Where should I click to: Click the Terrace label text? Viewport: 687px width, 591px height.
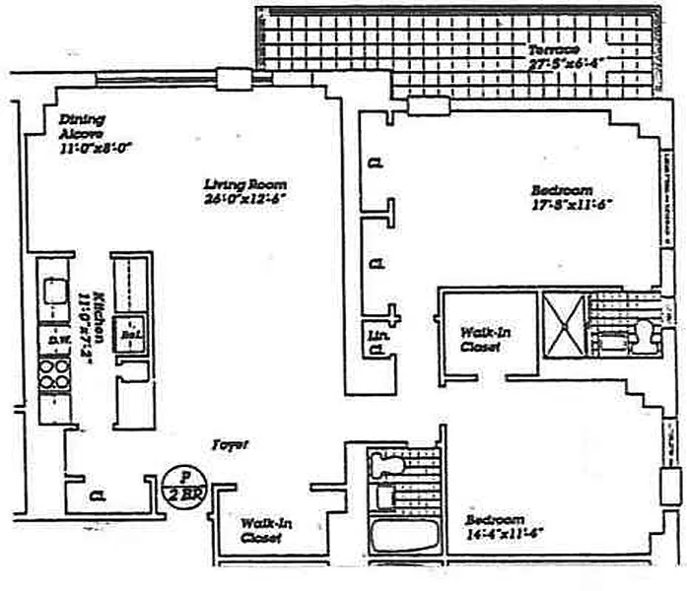pyautogui.click(x=552, y=50)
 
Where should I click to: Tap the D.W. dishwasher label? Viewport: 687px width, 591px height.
pyautogui.click(x=53, y=341)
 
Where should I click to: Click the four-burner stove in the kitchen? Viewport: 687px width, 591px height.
pyautogui.click(x=53, y=375)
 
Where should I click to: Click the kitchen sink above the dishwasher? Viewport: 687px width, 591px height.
pyautogui.click(x=52, y=293)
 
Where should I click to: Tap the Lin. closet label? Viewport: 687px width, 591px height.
pyautogui.click(x=375, y=337)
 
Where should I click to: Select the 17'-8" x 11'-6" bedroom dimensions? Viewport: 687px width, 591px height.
pyautogui.click(x=573, y=206)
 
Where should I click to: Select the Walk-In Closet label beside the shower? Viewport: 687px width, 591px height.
pyautogui.click(x=485, y=340)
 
